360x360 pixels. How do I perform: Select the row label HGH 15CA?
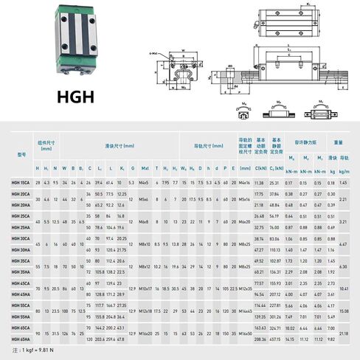point(21,181)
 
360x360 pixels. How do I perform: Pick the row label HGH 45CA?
point(21,283)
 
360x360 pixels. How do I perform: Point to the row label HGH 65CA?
point(21,326)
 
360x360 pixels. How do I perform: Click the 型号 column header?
point(21,153)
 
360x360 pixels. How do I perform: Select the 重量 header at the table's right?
point(338,143)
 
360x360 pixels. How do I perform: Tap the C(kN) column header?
point(260,169)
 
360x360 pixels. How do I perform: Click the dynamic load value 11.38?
point(260,181)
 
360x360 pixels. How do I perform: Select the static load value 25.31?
point(276,181)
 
